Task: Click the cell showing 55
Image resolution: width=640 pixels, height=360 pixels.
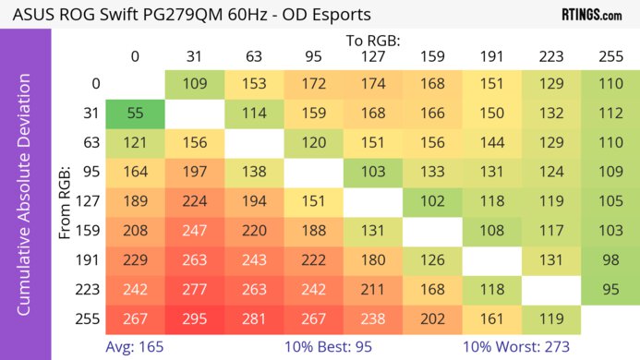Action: coord(135,114)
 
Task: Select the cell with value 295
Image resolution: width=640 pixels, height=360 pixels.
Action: coord(194,320)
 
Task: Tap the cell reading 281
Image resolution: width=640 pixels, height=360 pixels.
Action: coord(253,320)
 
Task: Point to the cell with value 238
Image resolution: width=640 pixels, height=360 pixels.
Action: coord(371,320)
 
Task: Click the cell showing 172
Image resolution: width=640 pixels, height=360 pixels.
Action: coord(312,84)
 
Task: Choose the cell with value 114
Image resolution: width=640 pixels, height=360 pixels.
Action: coord(253,114)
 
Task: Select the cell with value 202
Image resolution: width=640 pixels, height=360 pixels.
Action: coord(430,320)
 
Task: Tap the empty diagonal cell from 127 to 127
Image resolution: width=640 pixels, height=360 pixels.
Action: coord(371,202)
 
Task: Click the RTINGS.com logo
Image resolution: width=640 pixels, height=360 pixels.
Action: coord(590,15)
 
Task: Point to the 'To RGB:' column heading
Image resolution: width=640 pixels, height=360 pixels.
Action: coord(371,41)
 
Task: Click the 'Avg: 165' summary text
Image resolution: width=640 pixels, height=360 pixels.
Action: coord(135,347)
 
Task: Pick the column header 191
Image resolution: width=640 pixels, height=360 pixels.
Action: coord(489,56)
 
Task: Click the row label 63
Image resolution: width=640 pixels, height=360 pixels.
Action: coord(91,143)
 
